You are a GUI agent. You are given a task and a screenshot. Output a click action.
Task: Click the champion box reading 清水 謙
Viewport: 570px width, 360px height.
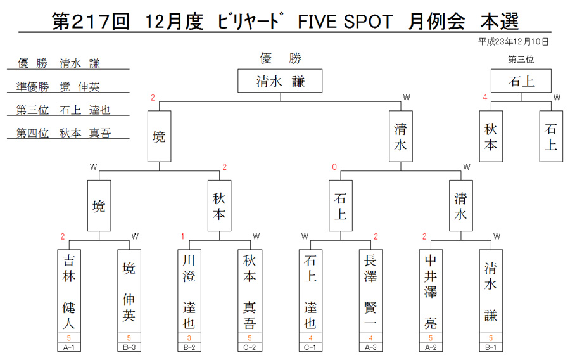pos(280,80)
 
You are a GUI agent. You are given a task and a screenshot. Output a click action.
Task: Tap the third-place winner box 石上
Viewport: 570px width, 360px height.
pos(521,80)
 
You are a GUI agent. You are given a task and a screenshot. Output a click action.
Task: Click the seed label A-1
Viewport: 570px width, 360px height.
pos(68,347)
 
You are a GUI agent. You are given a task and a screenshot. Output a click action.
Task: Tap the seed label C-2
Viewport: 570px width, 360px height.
pos(250,347)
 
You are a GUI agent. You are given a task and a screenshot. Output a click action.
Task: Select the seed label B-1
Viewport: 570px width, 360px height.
pos(491,347)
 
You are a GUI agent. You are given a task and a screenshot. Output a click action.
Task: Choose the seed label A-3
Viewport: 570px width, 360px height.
pos(370,347)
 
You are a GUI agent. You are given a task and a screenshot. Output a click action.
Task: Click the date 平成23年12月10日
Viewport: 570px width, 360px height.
pos(513,42)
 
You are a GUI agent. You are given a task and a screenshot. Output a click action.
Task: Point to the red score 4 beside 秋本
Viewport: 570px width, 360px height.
pos(485,98)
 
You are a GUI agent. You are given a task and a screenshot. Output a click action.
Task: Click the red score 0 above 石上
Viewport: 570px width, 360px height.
pos(334,167)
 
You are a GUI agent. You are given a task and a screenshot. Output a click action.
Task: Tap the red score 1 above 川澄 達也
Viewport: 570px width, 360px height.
pos(183,236)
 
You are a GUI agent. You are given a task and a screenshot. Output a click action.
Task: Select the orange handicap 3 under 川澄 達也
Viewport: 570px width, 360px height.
pos(189,338)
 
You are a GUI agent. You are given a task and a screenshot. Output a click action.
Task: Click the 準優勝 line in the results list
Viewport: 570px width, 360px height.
pos(58,87)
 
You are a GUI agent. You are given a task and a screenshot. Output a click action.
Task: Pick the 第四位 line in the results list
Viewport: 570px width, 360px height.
pos(63,133)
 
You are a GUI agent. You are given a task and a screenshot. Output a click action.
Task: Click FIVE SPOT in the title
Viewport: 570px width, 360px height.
pos(345,21)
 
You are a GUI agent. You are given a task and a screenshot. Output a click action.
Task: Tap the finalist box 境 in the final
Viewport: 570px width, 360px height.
pos(159,136)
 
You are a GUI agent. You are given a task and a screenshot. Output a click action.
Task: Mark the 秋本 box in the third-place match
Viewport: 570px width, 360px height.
pos(491,136)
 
